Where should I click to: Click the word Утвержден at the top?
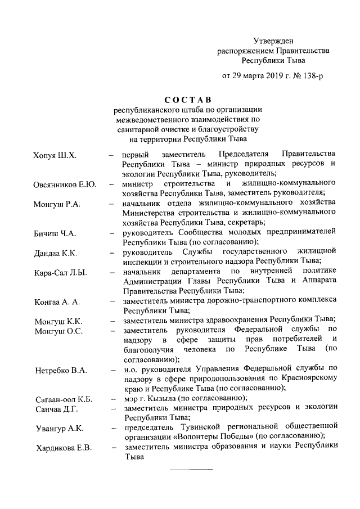(273, 40)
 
